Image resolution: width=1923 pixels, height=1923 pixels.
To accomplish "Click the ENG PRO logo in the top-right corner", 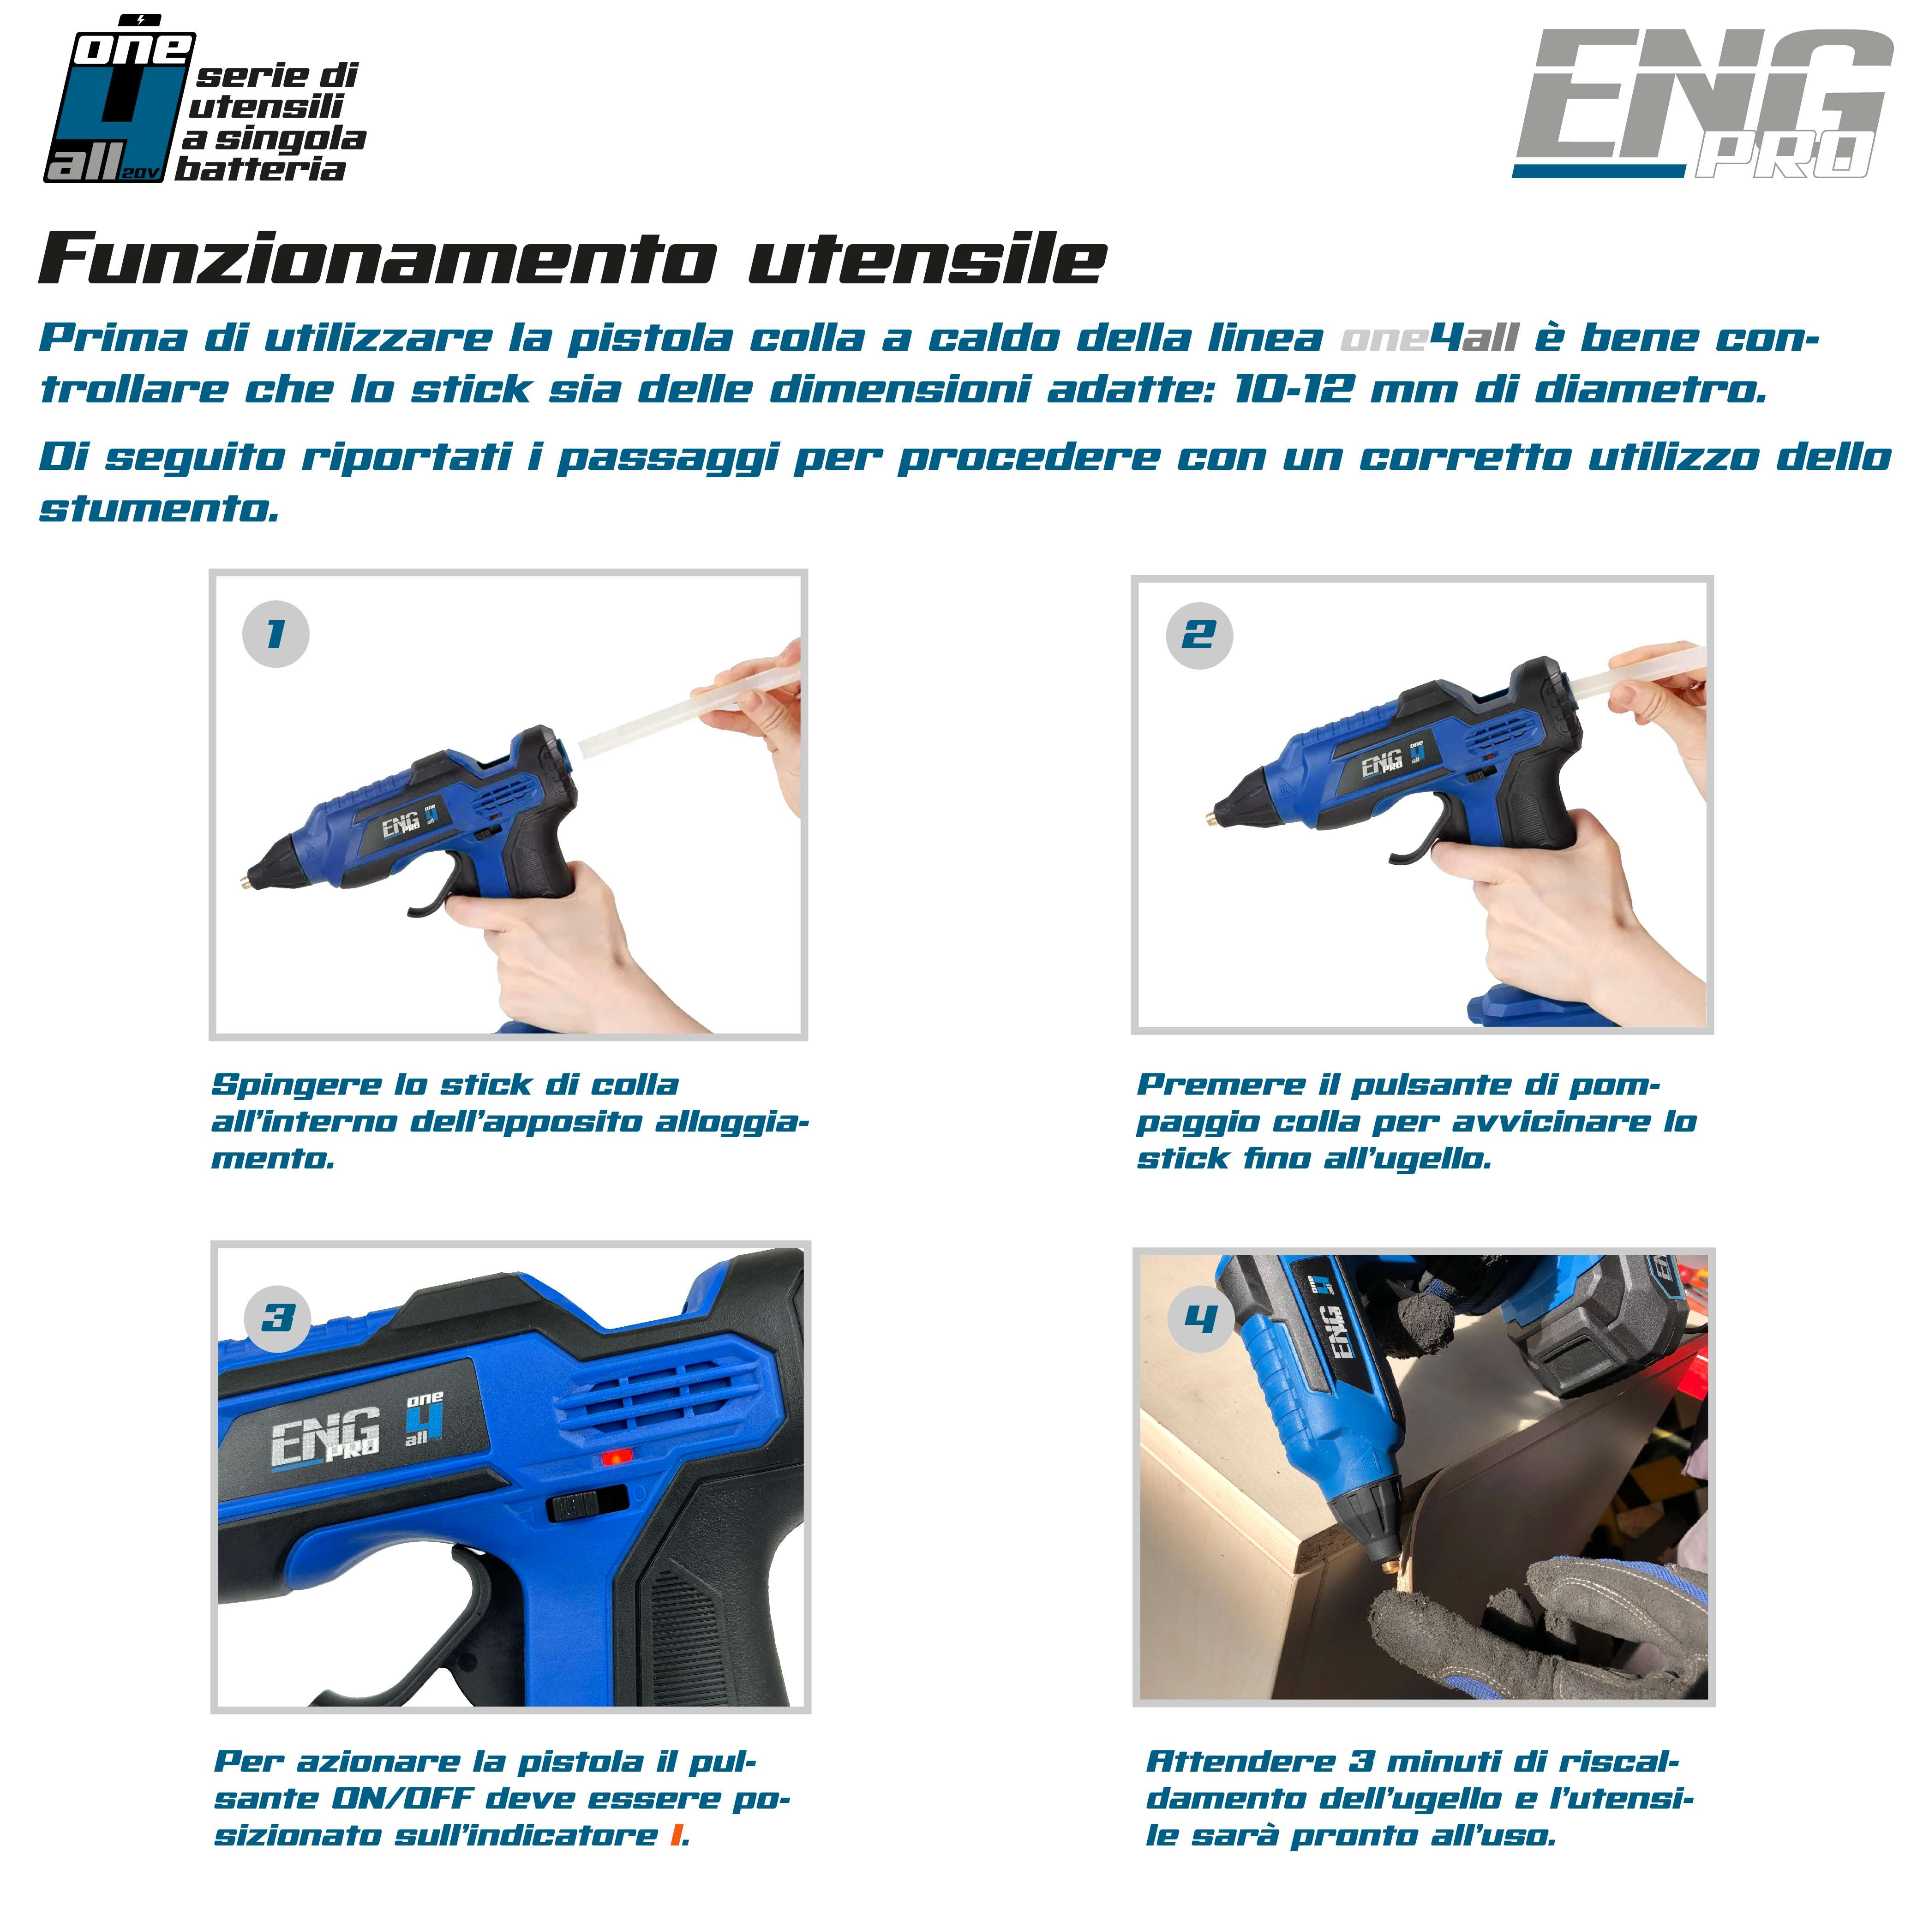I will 1702,104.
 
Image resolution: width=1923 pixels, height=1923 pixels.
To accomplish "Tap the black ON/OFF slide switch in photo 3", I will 587,1504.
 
